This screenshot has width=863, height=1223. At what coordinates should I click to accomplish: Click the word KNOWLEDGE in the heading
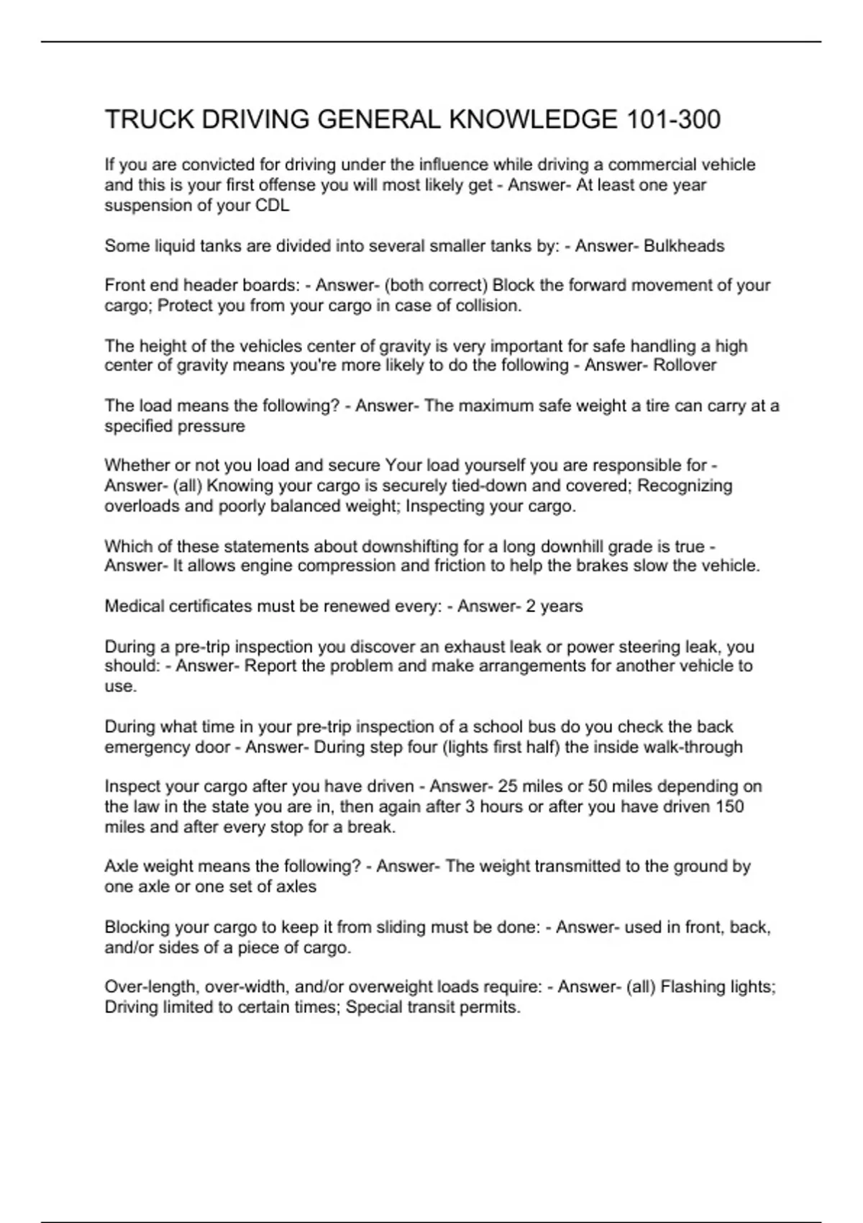[x=532, y=119]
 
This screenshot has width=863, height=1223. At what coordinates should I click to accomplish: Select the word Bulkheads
[x=684, y=246]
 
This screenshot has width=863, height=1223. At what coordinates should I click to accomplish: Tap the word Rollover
[x=685, y=365]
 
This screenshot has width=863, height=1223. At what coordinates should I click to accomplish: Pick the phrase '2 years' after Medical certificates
[x=554, y=606]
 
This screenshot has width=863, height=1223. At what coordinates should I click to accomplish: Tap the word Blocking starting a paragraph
[x=134, y=927]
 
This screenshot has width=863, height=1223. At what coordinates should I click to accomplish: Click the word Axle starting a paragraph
[x=119, y=867]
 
